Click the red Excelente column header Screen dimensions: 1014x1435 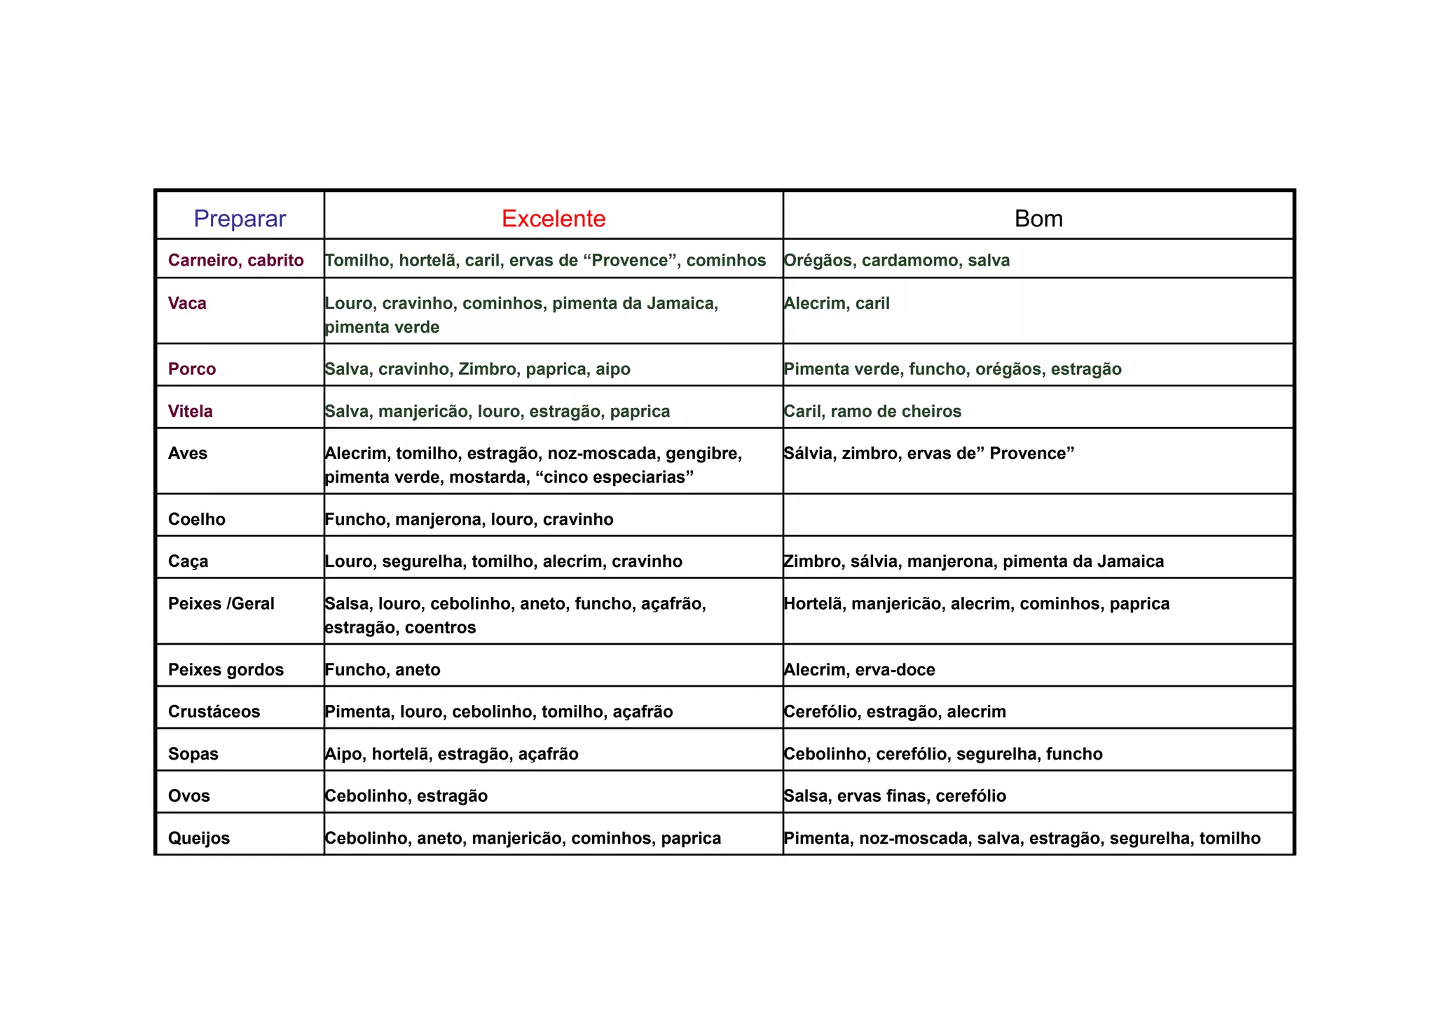point(554,219)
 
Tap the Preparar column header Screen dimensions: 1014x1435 point(240,219)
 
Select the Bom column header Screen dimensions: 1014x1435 point(1038,219)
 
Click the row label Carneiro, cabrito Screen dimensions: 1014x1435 point(236,261)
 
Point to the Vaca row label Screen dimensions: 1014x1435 point(187,303)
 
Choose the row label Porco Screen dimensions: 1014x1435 point(192,369)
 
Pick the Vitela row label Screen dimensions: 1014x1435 point(191,411)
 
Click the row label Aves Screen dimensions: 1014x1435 point(188,453)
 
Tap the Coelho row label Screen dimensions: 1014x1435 point(197,519)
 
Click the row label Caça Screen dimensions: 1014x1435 point(188,561)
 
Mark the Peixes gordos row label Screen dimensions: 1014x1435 point(226,670)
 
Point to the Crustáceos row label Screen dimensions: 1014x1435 point(214,712)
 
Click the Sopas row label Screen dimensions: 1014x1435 point(193,754)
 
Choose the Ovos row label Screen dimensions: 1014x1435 point(189,796)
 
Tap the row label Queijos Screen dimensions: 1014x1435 point(199,838)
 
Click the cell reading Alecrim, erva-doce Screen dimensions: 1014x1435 point(859,670)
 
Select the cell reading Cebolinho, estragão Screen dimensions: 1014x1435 point(406,796)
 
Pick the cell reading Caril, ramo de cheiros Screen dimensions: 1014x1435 point(872,411)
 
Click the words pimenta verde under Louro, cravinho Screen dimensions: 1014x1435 point(383,327)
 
